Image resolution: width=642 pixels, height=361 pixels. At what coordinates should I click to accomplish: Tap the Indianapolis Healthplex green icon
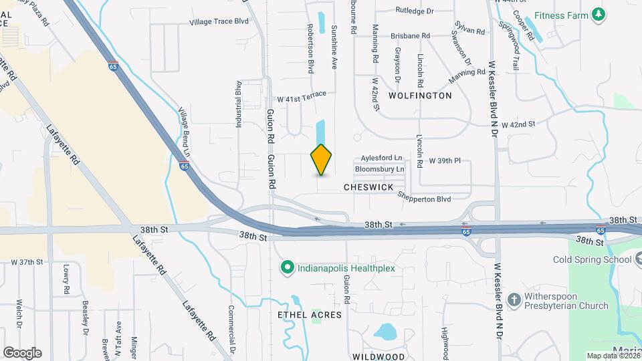tap(287, 268)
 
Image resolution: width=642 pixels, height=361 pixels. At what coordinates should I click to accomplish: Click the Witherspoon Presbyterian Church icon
tap(514, 299)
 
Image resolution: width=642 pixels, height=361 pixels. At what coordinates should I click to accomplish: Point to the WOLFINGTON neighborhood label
tap(420, 96)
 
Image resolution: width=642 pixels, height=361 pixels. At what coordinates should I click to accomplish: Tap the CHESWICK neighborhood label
tap(368, 188)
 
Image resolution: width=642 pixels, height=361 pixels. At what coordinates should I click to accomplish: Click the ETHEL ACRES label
tap(310, 314)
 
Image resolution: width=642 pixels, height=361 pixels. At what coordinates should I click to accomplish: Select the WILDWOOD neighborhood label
tap(377, 356)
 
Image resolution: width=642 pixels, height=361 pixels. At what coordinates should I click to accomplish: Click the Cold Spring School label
tap(592, 259)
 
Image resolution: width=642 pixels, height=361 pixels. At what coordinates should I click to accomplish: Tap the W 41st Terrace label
tap(302, 98)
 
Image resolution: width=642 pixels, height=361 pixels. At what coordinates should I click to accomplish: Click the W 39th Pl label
tap(445, 161)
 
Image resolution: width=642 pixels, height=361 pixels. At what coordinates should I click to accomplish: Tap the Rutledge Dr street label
tap(415, 11)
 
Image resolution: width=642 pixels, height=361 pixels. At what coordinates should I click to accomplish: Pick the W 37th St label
tap(26, 261)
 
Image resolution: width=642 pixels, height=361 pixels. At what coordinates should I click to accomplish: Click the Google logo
tap(22, 352)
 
